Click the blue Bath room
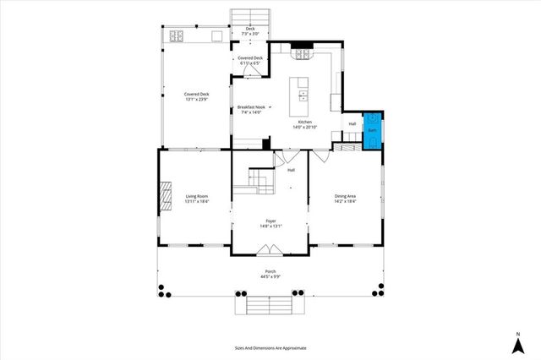(372, 131)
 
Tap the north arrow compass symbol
(516, 342)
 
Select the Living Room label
(197, 196)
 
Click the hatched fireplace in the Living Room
(166, 199)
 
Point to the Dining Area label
(345, 196)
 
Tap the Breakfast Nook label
(250, 107)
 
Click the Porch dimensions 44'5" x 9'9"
(270, 276)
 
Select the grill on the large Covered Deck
(178, 35)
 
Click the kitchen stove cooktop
(303, 55)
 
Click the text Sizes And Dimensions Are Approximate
(270, 347)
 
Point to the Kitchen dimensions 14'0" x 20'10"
(303, 127)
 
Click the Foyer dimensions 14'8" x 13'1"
(270, 226)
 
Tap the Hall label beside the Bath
(352, 124)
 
